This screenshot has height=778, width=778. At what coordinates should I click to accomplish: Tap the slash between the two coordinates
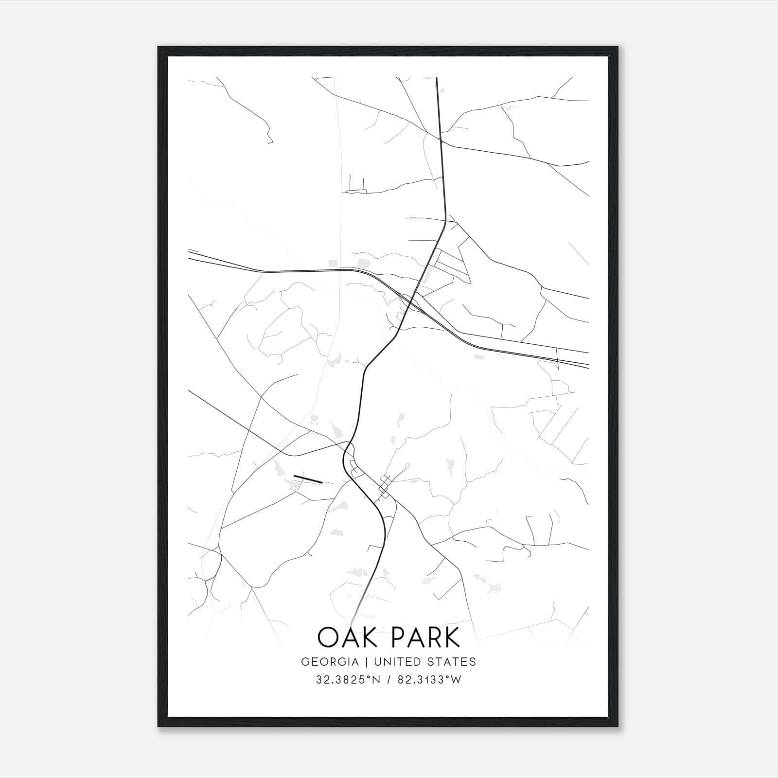coord(389,680)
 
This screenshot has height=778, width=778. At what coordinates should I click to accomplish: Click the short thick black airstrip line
coord(308,479)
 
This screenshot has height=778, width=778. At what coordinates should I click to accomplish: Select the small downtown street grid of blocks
coord(386,485)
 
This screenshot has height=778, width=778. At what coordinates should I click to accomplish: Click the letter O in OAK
coord(328,637)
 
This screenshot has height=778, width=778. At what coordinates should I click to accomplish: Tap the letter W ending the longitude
coord(456,680)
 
